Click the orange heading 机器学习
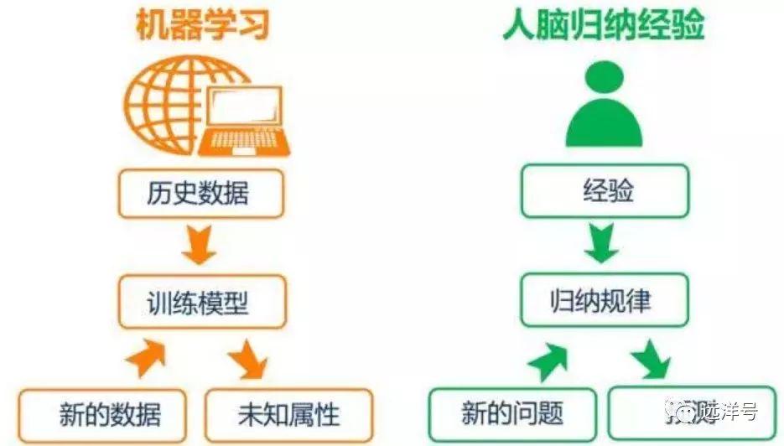(x=202, y=25)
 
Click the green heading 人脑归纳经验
(x=604, y=25)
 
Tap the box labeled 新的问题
(x=512, y=413)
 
